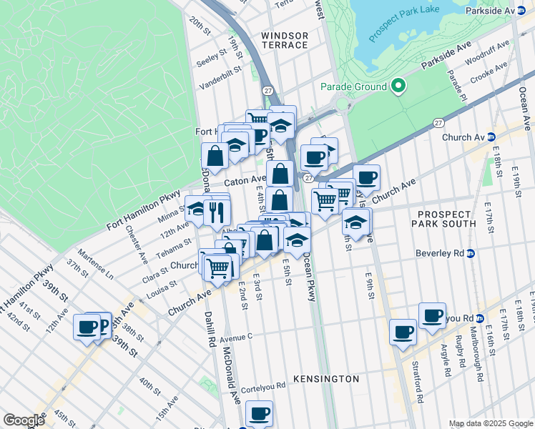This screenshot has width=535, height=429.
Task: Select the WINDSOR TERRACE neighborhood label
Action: (285, 40)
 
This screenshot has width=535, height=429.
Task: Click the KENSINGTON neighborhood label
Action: (326, 378)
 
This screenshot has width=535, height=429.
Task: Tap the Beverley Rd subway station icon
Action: (471, 253)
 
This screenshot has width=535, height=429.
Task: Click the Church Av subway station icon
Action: (492, 137)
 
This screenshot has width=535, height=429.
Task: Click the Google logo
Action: (24, 420)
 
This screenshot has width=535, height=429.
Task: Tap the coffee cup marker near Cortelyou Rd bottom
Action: (259, 413)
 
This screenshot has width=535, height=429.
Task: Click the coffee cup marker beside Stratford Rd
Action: (403, 332)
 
